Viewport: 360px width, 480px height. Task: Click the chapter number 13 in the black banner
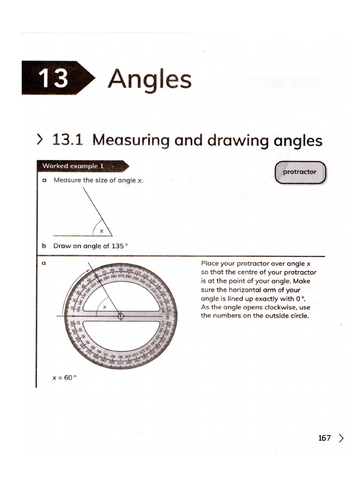click(x=53, y=78)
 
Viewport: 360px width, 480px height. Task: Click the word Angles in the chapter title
click(x=150, y=79)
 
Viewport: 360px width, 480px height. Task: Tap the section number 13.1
click(x=69, y=140)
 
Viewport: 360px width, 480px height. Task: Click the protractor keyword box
click(x=300, y=172)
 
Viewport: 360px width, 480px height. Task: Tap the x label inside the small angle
click(x=101, y=231)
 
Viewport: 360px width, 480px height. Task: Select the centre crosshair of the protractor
click(x=120, y=316)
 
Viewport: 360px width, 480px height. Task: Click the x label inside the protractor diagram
click(x=105, y=307)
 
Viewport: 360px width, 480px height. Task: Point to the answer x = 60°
click(x=64, y=377)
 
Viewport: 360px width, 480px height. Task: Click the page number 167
click(x=324, y=438)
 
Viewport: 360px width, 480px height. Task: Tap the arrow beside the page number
click(x=341, y=438)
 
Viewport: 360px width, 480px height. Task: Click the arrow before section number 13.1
click(x=40, y=140)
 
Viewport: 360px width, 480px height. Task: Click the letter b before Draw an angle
click(x=44, y=246)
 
